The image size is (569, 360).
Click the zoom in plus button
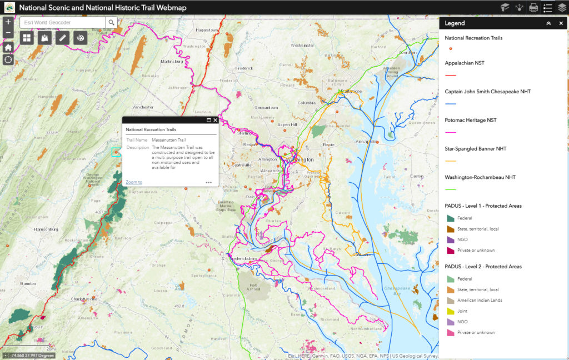(8, 22)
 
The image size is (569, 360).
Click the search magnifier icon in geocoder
(112, 22)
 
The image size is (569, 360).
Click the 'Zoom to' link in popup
(133, 182)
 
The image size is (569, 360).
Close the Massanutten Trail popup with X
(215, 120)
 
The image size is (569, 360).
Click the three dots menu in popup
(208, 182)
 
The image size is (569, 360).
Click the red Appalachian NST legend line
(450, 74)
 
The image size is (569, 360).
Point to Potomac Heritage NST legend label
(470, 120)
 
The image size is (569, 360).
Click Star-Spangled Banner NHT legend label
(475, 149)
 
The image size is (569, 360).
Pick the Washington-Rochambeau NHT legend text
(480, 177)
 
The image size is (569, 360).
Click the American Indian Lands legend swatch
(451, 301)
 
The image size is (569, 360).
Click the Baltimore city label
(351, 91)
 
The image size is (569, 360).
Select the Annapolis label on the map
(366, 142)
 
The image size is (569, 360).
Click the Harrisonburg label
(46, 229)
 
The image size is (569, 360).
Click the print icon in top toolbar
(533, 8)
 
